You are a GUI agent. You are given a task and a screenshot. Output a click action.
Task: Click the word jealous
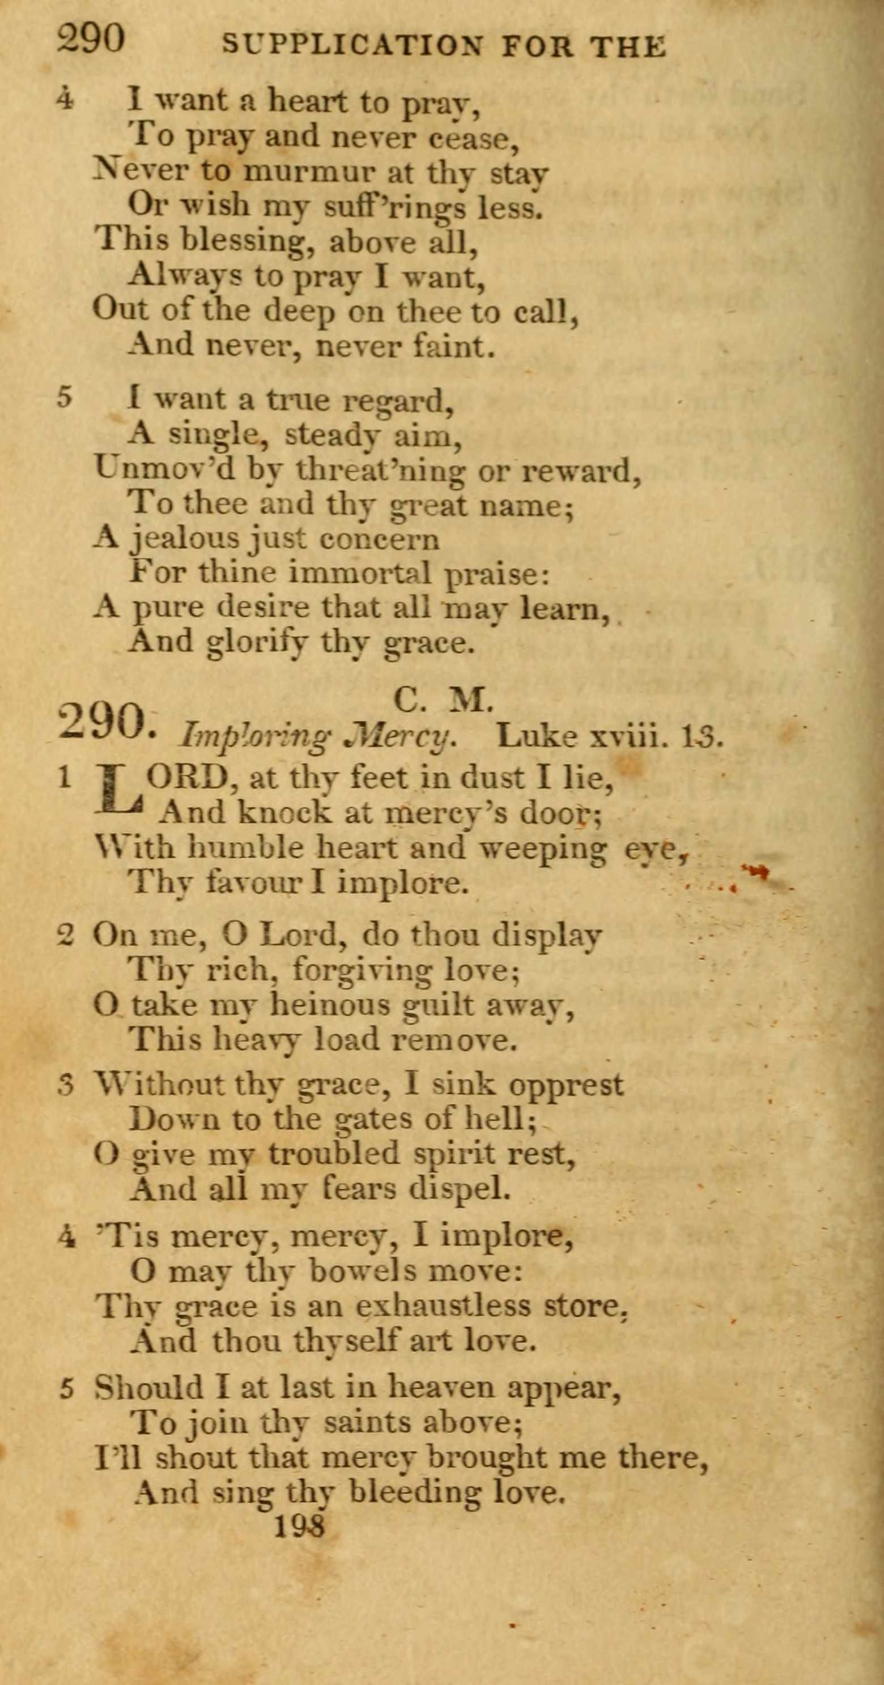(185, 539)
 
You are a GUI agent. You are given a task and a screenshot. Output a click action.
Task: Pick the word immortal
(359, 573)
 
